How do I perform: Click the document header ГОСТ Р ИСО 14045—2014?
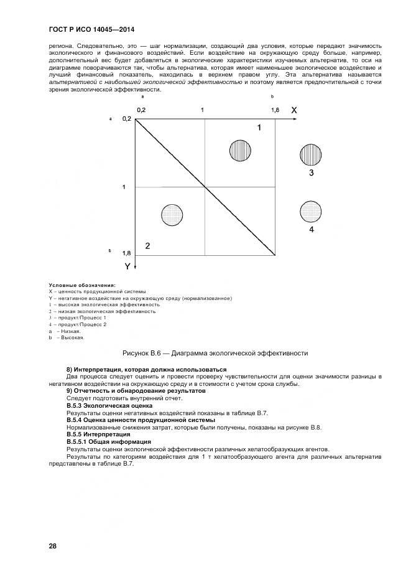tap(91, 30)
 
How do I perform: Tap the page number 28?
tap(53, 546)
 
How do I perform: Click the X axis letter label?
tap(294, 110)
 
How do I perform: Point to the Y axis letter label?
tap(127, 266)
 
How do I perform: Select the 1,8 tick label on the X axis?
tap(275, 110)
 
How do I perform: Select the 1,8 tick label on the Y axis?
tap(127, 253)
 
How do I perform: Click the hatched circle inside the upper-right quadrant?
tap(240, 151)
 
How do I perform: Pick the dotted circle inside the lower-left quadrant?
tap(172, 215)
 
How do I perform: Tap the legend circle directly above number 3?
tap(311, 154)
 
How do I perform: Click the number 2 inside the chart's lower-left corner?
tap(147, 246)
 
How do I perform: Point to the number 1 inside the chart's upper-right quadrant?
tap(259, 127)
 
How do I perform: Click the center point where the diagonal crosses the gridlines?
tap(206, 187)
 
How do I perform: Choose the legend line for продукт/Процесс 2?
tap(78, 324)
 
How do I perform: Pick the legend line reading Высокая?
tap(68, 337)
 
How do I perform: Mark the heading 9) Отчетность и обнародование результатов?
tap(136, 391)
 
